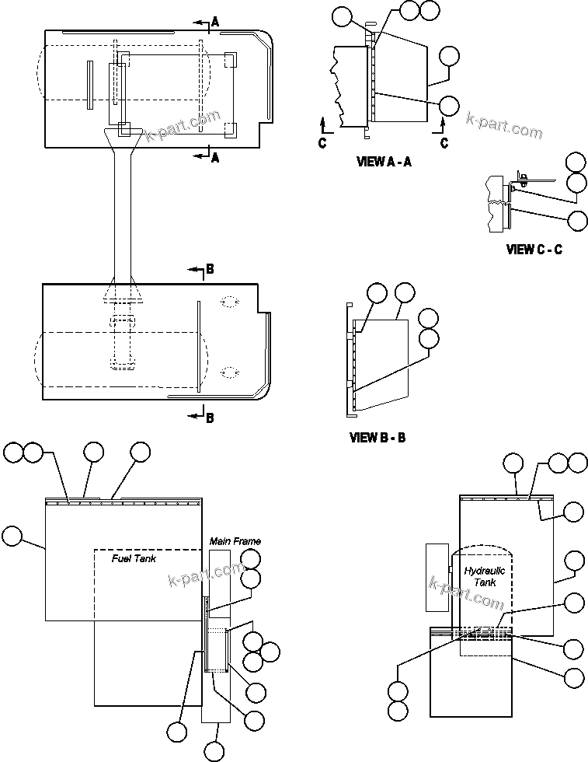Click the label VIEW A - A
coord(383,163)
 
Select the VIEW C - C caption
coord(534,250)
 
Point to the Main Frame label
coord(235,541)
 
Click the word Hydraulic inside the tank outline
coord(485,571)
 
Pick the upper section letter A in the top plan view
coord(215,23)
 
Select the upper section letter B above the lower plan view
coord(210,271)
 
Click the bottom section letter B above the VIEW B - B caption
coord(210,418)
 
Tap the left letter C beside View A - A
coord(322,143)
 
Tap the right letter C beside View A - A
coord(444,143)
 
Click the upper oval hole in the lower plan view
coord(229,302)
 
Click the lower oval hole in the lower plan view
coord(229,372)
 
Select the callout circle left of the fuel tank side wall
coord(13,536)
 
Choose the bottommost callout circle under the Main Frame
coord(214,751)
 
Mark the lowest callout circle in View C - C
coord(577,220)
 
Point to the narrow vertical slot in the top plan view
coord(90,84)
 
